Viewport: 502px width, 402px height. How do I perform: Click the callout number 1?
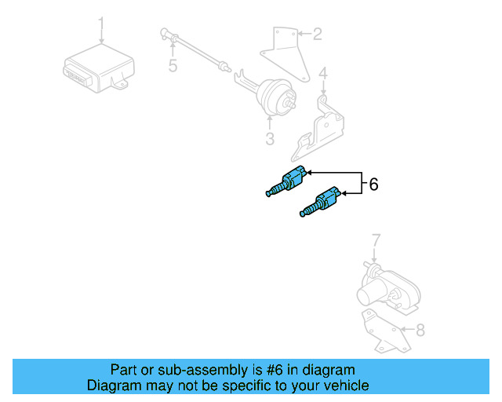point(100,21)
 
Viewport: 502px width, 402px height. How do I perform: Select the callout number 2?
point(317,34)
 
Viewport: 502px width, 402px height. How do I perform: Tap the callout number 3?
point(270,140)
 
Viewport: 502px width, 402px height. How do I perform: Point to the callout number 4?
point(322,75)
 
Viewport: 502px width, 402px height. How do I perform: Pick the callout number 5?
point(173,66)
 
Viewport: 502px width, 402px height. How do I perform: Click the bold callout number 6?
point(373,185)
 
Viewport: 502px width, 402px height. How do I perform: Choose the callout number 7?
point(375,239)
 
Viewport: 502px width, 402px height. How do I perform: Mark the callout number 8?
point(420,331)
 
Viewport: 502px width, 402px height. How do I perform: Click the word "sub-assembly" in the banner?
point(181,370)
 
